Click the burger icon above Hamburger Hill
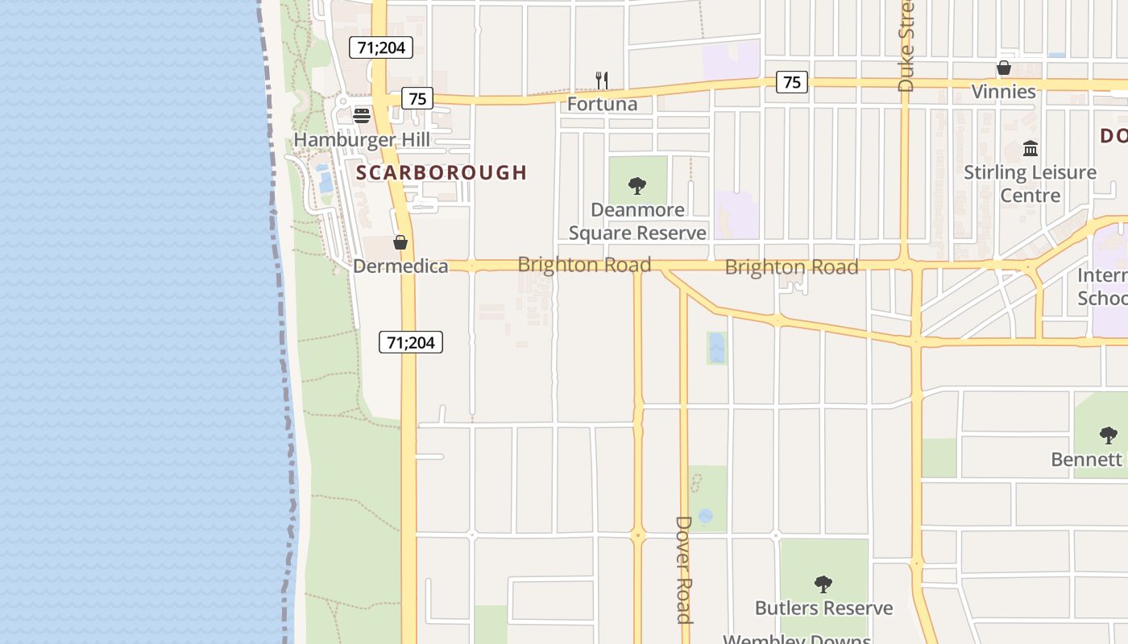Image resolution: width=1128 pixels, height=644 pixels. coord(361,116)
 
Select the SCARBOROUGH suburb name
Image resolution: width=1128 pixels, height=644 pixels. coord(442,172)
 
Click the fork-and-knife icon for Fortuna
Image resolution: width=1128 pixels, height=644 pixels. coord(601,80)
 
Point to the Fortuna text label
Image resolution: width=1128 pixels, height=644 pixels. coord(602,104)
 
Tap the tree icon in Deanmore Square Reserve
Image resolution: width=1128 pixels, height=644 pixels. coord(637,186)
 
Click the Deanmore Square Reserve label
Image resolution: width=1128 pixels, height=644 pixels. coord(637,221)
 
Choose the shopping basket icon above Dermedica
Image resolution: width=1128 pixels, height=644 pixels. coord(400,242)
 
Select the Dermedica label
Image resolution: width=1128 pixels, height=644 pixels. coord(400,266)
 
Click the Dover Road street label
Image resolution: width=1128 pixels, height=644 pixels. coord(683,570)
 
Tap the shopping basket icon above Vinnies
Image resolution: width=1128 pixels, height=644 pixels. coord(1004,68)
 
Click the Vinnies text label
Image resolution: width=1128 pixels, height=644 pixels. coord(1003,92)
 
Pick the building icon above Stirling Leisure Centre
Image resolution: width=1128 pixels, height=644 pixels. coord(1031,148)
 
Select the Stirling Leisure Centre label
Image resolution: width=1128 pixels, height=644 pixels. coord(1031,184)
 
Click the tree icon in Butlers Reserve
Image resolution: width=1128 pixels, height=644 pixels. coord(823,584)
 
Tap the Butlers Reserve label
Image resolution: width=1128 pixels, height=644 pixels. coord(823,608)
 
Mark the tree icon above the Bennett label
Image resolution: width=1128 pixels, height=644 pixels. coord(1109,436)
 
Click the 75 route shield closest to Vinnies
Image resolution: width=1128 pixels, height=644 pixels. coord(792,81)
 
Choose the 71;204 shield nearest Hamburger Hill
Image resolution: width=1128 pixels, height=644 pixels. coord(381,47)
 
